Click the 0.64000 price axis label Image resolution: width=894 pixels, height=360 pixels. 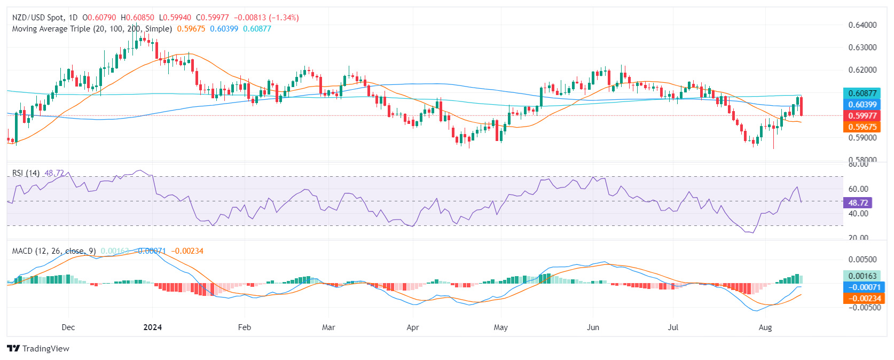[862, 25]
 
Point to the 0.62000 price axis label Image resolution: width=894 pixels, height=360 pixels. [862, 69]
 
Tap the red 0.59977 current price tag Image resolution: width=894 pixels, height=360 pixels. [862, 115]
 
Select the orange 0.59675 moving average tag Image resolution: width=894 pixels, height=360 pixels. [862, 127]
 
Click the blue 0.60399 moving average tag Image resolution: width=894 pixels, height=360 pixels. [862, 104]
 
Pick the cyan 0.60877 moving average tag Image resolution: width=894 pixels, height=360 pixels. [862, 93]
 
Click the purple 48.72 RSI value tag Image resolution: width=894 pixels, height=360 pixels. [857, 202]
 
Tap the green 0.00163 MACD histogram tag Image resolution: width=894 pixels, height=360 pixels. [862, 276]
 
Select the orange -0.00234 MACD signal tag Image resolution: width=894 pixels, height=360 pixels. [862, 298]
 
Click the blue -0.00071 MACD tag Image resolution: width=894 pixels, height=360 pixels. [862, 287]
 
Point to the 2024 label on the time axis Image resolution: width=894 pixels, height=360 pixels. [153, 327]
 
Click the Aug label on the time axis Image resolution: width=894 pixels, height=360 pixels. [765, 327]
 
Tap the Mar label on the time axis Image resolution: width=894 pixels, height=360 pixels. [328, 327]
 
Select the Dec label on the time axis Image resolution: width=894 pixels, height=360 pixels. [68, 327]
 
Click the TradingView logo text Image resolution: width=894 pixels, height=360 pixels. [45, 348]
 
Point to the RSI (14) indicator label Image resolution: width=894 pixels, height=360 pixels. [26, 173]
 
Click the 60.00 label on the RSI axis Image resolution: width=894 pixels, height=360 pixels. [858, 189]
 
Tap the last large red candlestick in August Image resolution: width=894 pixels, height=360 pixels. [801, 106]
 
